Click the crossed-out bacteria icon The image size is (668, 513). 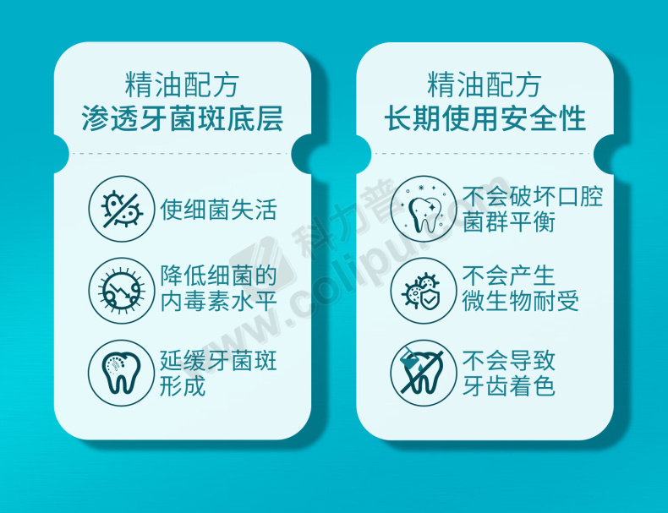coord(122,209)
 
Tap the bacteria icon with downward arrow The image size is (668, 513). coord(122,291)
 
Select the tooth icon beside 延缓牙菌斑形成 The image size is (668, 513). coord(121,373)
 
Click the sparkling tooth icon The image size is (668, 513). coord(424,209)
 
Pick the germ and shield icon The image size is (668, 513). coord(424,291)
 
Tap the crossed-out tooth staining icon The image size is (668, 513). coord(424,373)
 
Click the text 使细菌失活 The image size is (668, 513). coord(218,210)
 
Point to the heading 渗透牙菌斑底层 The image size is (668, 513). coord(183,118)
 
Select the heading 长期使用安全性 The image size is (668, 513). coord(485,118)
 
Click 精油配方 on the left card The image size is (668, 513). coord(183,85)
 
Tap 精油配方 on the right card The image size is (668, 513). coord(485,85)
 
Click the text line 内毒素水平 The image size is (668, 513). coord(218,301)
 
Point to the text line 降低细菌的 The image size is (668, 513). coord(218,276)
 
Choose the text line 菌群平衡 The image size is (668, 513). coord(509,221)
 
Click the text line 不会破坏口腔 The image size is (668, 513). coord(533,196)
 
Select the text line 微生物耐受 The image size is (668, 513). coord(521,301)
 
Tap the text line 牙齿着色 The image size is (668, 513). coord(509,385)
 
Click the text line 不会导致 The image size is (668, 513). coord(509,360)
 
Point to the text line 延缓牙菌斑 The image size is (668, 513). coord(218,360)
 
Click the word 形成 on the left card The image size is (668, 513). coord(183,385)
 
